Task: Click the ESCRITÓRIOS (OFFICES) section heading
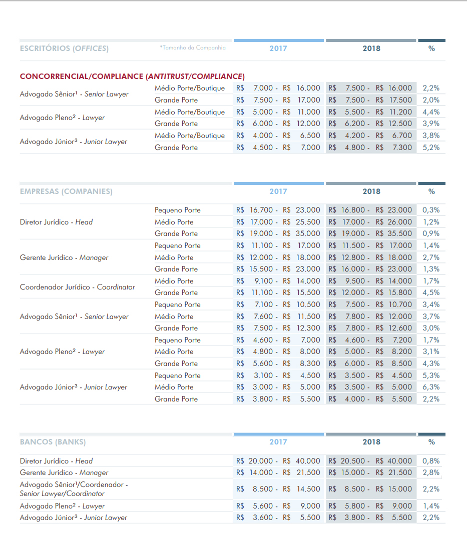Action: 64,48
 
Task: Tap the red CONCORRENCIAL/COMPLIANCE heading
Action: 132,76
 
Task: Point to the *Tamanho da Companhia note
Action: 193,47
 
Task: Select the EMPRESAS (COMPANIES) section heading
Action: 66,191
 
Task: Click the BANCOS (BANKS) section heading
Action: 53,442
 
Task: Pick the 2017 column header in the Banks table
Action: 278,442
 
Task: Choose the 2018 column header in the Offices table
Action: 371,48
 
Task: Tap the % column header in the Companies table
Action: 431,191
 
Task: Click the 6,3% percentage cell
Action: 431,387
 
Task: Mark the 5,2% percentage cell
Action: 431,147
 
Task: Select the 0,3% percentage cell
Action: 431,210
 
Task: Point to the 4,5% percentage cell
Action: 431,292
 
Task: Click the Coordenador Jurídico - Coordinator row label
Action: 78,287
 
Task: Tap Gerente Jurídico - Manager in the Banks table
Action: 64,472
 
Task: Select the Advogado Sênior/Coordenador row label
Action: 74,489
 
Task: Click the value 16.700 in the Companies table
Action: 261,210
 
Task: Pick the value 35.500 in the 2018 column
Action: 400,233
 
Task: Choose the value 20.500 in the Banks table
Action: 352,461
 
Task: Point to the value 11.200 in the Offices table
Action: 400,112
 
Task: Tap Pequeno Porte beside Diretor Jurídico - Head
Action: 178,210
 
